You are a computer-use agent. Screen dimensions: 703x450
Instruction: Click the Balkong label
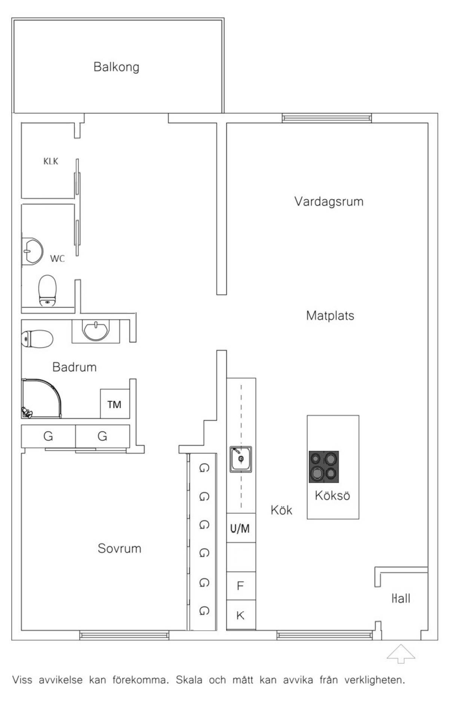(116, 67)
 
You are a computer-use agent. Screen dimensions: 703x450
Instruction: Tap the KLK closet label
(51, 161)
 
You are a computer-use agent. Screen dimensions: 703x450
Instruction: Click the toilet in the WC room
(47, 291)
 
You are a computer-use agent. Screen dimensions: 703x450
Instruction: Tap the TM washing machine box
(115, 404)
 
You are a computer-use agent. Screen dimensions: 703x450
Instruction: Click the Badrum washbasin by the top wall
(96, 331)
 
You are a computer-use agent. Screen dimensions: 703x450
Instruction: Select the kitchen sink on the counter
(241, 459)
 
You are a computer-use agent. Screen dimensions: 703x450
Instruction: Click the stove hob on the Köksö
(323, 467)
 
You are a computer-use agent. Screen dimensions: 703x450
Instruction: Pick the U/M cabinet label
(240, 528)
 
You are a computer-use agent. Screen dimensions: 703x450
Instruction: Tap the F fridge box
(241, 585)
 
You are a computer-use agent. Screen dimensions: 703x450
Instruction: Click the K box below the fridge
(241, 615)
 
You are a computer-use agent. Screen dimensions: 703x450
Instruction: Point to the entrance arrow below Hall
(401, 653)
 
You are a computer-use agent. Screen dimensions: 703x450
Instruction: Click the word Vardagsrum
(329, 201)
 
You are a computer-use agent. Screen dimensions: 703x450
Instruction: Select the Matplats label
(330, 316)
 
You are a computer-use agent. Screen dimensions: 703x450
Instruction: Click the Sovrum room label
(119, 548)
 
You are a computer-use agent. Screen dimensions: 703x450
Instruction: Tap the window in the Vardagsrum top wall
(327, 118)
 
